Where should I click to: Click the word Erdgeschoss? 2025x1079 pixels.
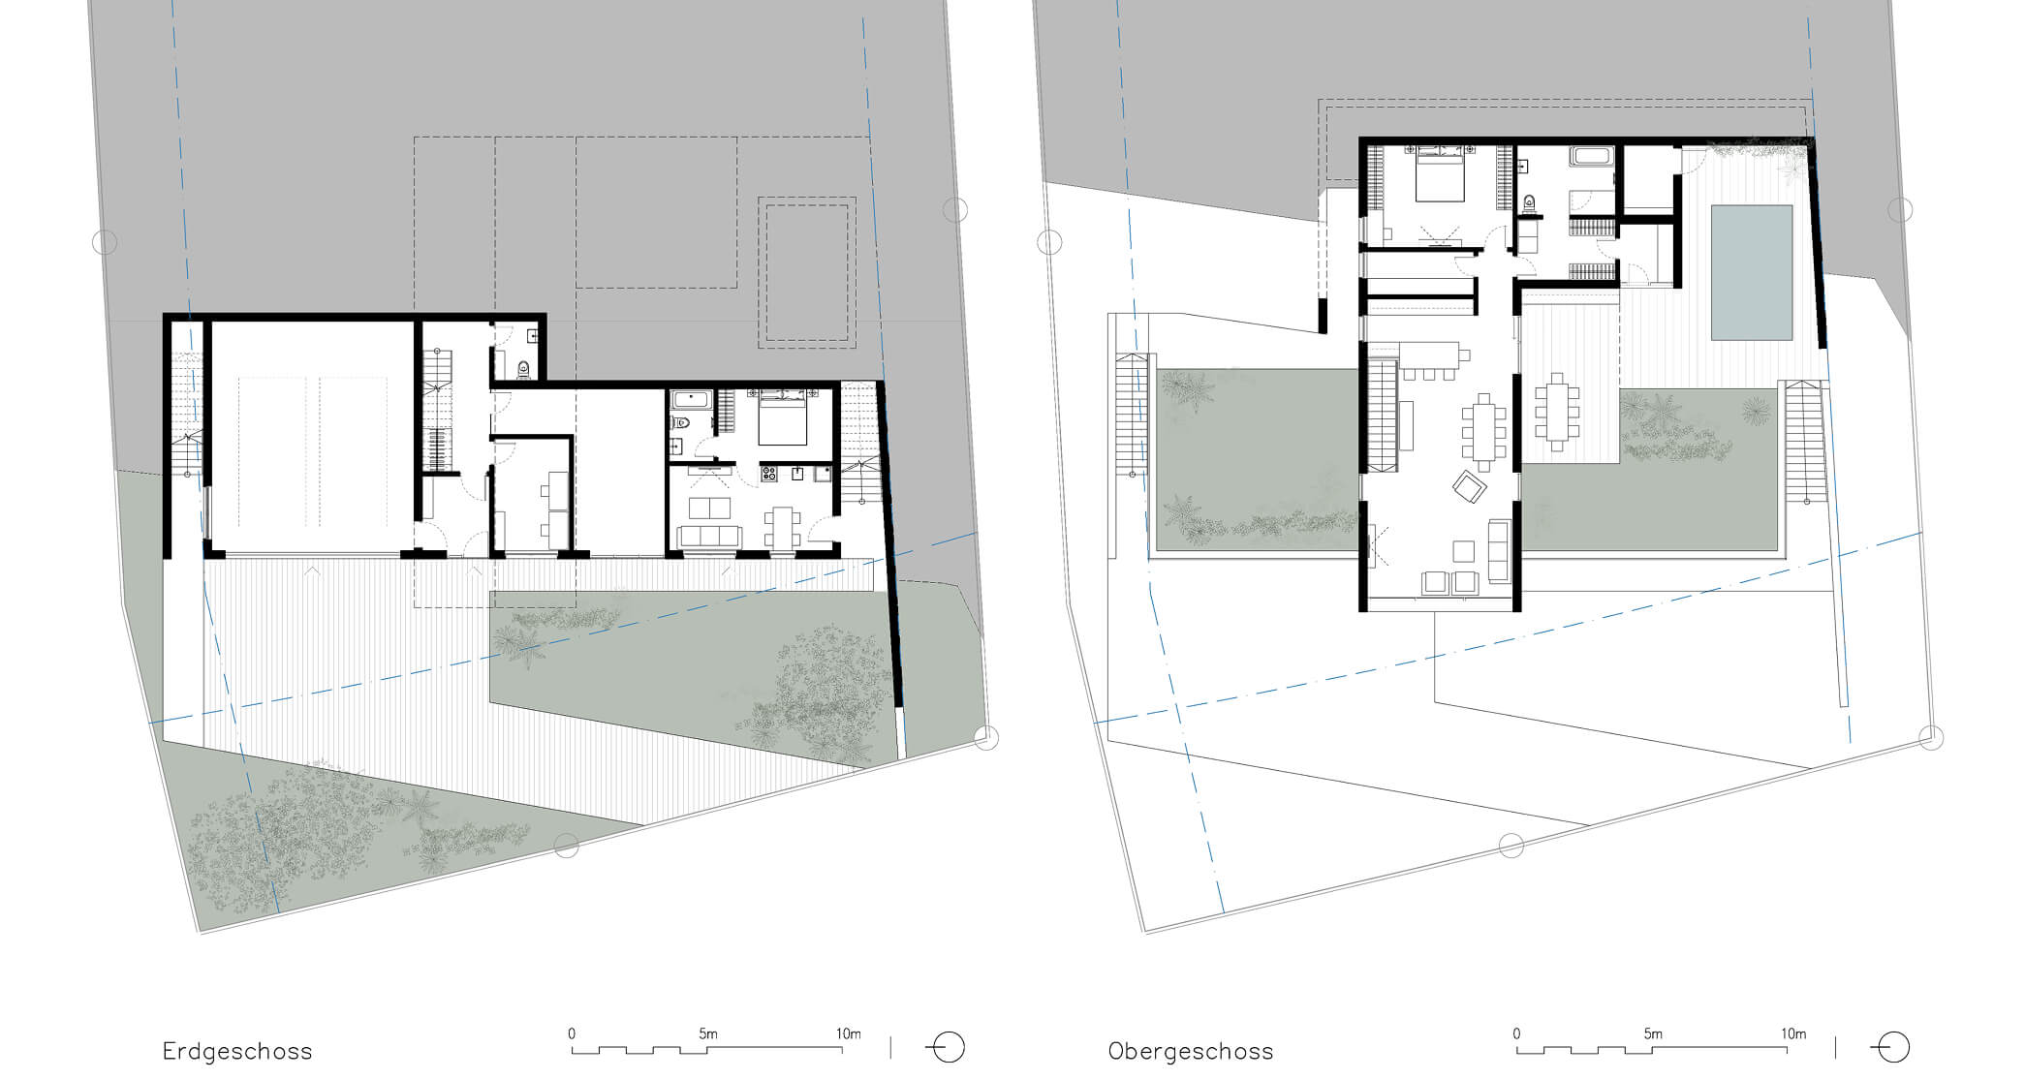point(237,1051)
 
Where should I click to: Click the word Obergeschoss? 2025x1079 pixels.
point(1191,1051)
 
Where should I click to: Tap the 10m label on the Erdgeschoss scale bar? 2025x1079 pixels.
point(848,1033)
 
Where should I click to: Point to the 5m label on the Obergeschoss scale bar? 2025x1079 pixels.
point(1653,1033)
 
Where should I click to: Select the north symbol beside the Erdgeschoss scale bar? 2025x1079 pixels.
point(946,1048)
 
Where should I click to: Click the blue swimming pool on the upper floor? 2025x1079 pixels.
point(1752,272)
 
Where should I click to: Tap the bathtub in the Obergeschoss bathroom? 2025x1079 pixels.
point(1592,156)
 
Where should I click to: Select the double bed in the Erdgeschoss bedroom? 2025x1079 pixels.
point(783,418)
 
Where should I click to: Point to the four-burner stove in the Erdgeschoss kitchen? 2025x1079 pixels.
point(769,474)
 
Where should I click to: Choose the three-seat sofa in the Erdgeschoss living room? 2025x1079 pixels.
point(710,536)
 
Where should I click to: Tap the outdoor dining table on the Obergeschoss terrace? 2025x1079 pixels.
point(1557,412)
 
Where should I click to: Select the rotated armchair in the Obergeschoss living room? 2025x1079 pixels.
point(1470,485)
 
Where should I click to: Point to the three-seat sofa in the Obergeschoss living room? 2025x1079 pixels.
point(1499,551)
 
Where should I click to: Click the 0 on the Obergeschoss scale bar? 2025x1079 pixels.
point(1516,1033)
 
